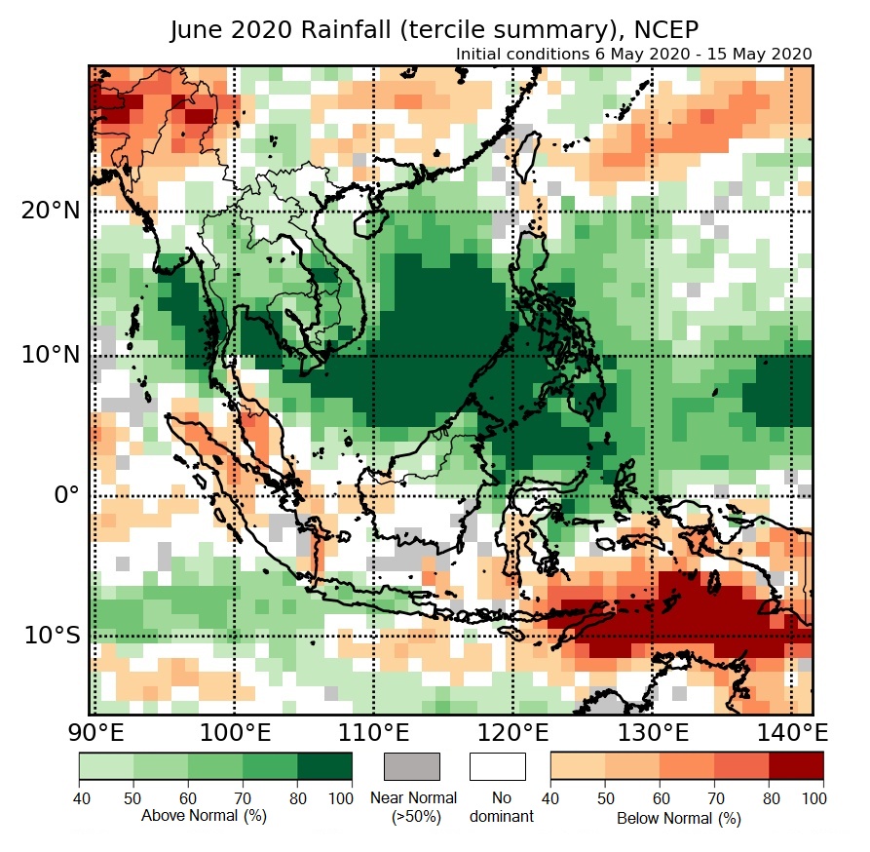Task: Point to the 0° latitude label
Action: tap(64, 495)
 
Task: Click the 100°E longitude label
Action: tap(234, 732)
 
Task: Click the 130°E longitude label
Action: tap(654, 732)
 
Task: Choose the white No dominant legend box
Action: tap(497, 766)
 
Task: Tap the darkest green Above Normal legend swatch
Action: tap(324, 766)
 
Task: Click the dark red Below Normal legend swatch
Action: tap(796, 766)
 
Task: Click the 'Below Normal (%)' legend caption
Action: tap(679, 818)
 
